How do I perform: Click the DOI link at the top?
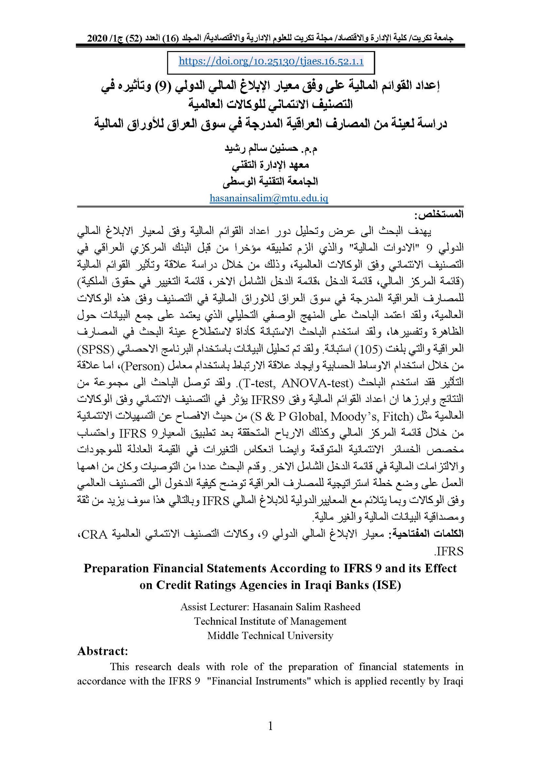click(x=271, y=62)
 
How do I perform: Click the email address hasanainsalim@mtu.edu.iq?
click(x=269, y=198)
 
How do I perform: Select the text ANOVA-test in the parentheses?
click(x=314, y=383)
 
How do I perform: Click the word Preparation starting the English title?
click(x=116, y=569)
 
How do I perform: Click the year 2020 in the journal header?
click(x=97, y=38)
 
